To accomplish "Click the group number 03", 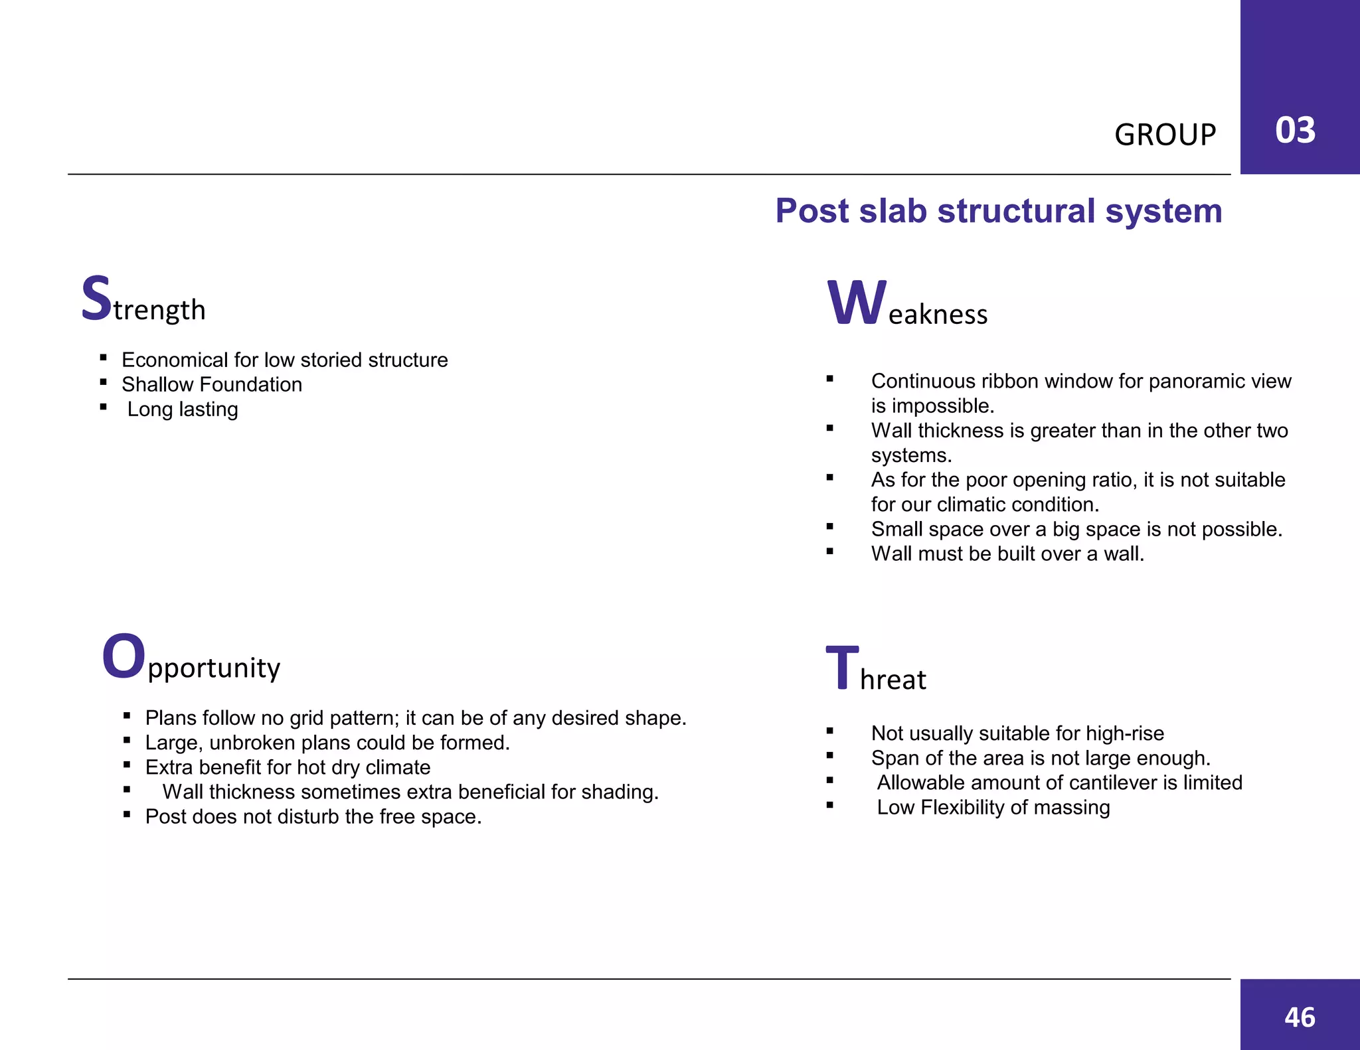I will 1295,130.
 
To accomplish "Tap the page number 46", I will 1300,1017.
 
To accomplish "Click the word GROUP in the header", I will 1165,135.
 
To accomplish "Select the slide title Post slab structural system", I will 998,211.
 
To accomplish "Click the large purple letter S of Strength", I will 96,299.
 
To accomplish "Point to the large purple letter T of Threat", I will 841,668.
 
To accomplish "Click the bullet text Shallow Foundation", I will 212,384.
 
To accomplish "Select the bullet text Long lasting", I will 183,409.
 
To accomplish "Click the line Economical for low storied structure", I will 285,360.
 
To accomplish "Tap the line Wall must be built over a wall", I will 1007,554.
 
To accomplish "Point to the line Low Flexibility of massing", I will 993,807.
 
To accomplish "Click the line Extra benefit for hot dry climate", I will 288,767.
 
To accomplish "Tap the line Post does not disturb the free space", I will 313,816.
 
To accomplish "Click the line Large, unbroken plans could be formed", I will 327,743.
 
